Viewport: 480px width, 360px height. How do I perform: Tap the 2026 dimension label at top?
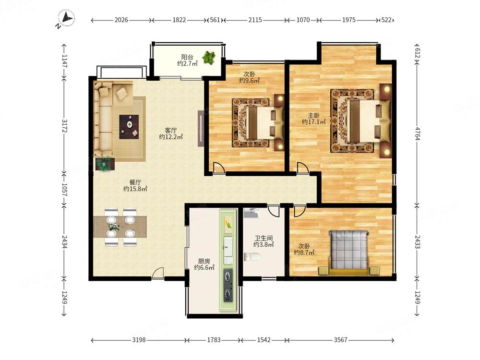click(121, 20)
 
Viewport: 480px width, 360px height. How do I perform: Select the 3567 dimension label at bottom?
click(340, 340)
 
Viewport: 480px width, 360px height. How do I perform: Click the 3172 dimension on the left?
click(64, 125)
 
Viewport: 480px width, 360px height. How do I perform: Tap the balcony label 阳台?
click(187, 57)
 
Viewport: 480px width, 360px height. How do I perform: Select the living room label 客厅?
click(171, 131)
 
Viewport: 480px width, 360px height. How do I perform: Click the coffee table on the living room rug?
click(129, 127)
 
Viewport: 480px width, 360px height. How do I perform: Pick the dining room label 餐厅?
click(135, 182)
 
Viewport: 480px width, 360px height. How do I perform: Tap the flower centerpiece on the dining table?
click(114, 227)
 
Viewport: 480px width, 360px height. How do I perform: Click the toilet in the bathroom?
click(252, 256)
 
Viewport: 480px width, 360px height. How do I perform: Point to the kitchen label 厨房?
click(204, 261)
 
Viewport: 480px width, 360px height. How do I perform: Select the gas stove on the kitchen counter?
click(228, 285)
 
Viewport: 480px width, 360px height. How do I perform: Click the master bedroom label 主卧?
click(313, 115)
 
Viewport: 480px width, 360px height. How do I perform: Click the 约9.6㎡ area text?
click(249, 81)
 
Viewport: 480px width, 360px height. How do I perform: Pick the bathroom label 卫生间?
click(264, 238)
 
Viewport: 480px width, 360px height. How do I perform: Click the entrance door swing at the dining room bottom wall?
click(158, 273)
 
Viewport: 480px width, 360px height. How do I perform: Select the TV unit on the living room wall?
click(201, 129)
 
